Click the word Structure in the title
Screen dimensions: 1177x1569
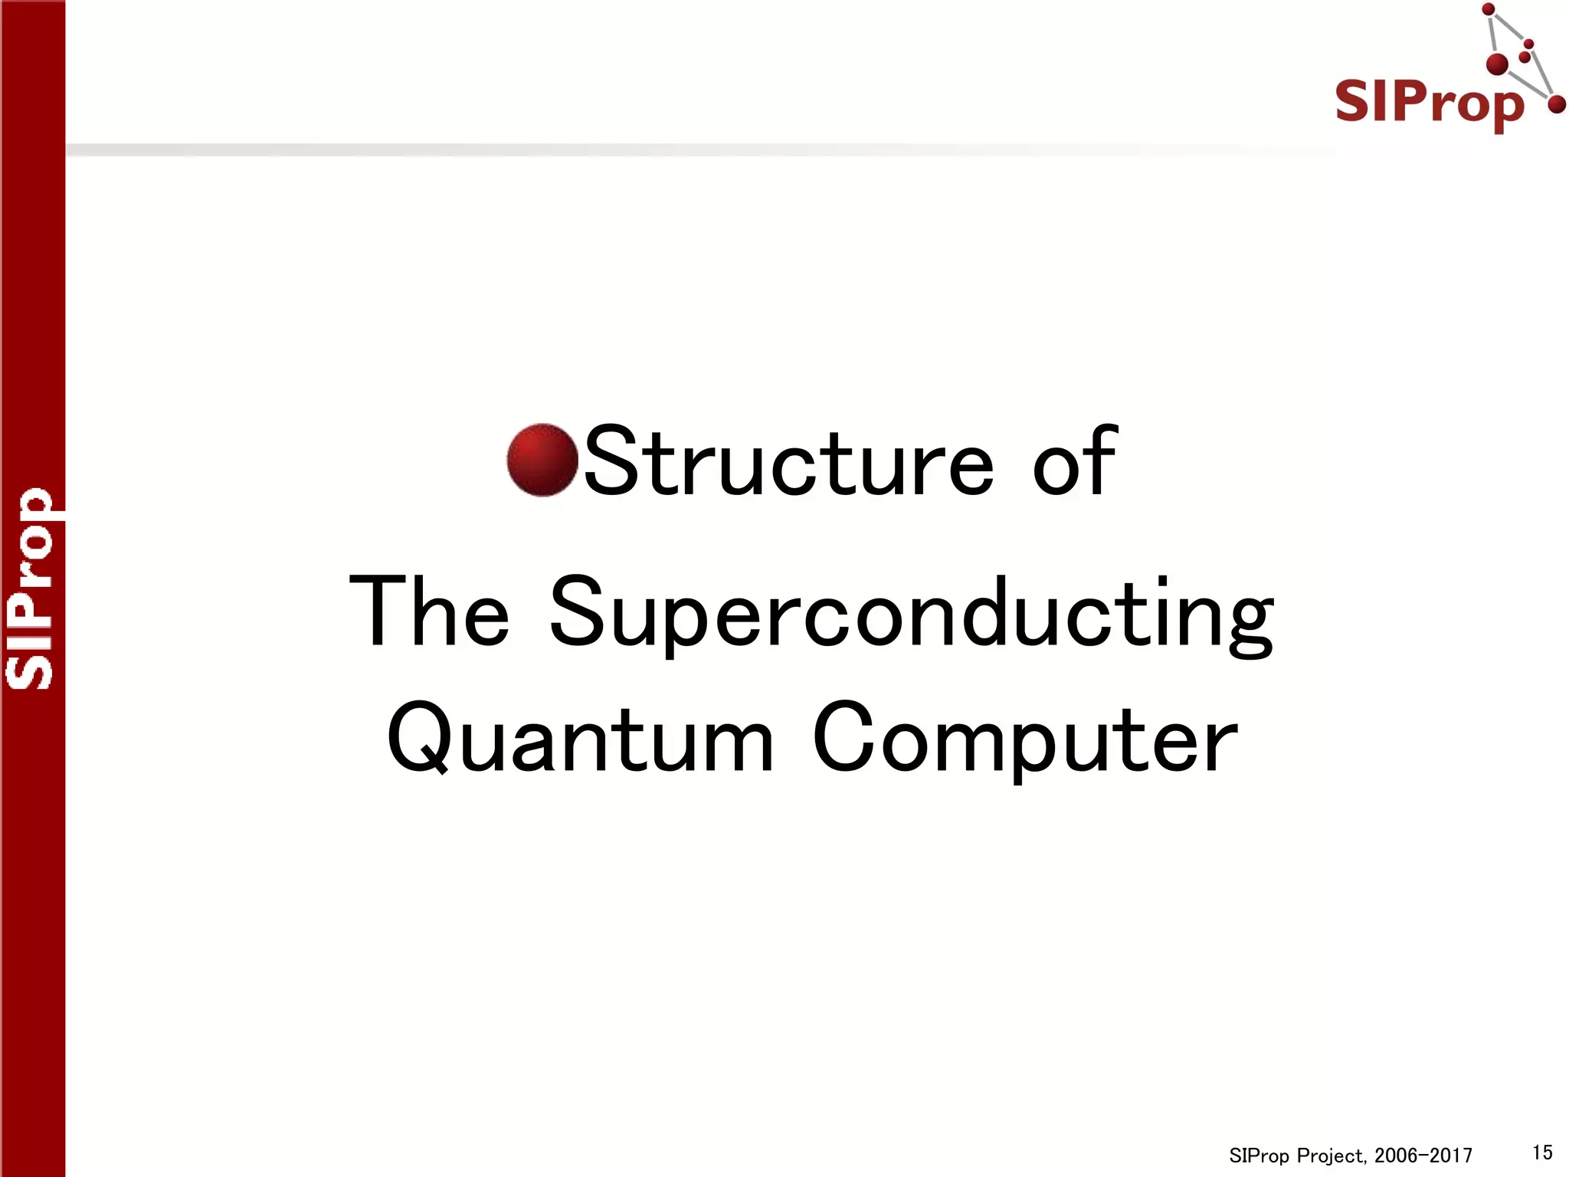click(789, 462)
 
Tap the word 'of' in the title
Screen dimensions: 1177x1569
click(1074, 461)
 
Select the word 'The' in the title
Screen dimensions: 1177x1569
click(429, 612)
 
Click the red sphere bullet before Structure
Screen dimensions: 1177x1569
click(542, 460)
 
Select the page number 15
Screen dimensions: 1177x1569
click(1542, 1152)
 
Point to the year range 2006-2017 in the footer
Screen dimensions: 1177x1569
click(1423, 1156)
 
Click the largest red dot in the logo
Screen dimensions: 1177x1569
click(1497, 64)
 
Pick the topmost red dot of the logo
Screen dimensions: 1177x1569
click(1489, 10)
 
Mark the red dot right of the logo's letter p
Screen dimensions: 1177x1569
click(1556, 104)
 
